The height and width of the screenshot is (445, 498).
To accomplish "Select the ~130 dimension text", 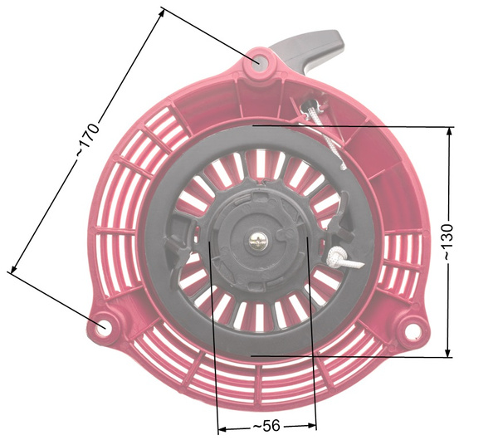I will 447,242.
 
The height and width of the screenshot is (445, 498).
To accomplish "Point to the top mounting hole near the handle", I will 258,61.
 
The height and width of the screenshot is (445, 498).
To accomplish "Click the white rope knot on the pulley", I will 338,257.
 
